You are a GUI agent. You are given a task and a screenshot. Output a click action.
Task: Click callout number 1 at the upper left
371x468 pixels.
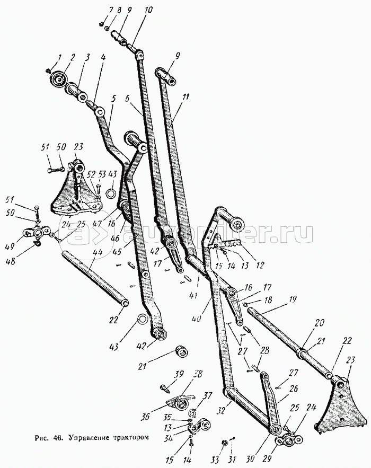pyautogui.click(x=60, y=57)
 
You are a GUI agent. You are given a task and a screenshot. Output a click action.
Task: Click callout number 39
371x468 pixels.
pyautogui.click(x=180, y=374)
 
